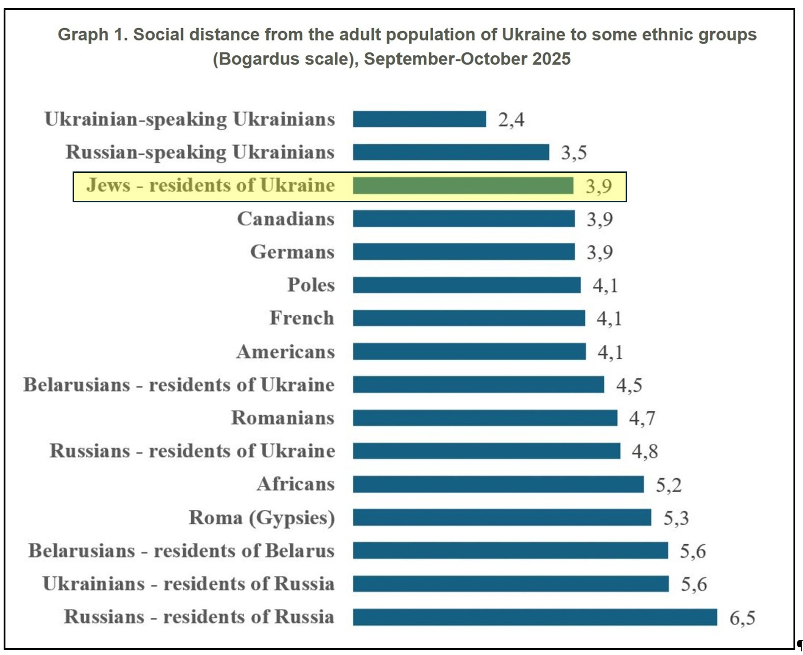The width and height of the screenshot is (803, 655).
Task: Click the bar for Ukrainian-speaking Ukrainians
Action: pos(419,119)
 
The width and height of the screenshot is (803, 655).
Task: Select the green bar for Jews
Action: pos(463,186)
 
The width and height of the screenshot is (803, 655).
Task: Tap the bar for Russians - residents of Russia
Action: pos(535,617)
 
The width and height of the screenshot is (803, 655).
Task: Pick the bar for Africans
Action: pos(498,484)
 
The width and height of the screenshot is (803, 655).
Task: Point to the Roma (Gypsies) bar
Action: pos(502,518)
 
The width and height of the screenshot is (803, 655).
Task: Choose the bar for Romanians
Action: pos(485,418)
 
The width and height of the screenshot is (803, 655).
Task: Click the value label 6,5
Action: pos(742,618)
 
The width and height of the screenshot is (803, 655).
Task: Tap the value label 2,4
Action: pos(511,120)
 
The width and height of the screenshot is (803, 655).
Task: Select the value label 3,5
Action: pos(574,153)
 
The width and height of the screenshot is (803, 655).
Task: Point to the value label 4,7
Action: pos(642,418)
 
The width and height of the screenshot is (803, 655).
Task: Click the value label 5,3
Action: pos(676,518)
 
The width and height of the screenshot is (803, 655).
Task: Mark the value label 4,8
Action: pos(645,451)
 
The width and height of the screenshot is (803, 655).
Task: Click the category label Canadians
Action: pos(286,219)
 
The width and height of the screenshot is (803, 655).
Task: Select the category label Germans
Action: pos(292,252)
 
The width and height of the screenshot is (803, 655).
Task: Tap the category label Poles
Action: pos(311,285)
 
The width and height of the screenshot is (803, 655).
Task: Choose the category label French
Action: pos(302,318)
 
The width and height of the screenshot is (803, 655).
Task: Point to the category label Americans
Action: pos(285,352)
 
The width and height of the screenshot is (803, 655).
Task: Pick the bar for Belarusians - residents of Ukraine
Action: pos(478,385)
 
